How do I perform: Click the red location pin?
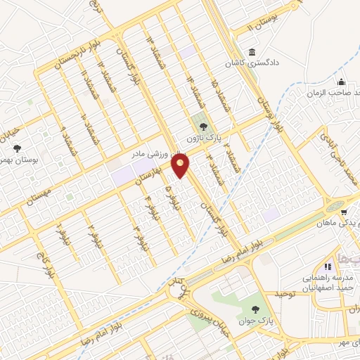point(181,166)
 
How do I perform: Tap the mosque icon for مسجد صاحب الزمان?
point(341,82)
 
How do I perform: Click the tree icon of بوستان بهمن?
point(17,148)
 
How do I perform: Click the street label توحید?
point(288,292)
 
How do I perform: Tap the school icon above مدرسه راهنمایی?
point(327,266)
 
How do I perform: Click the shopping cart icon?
point(343,211)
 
